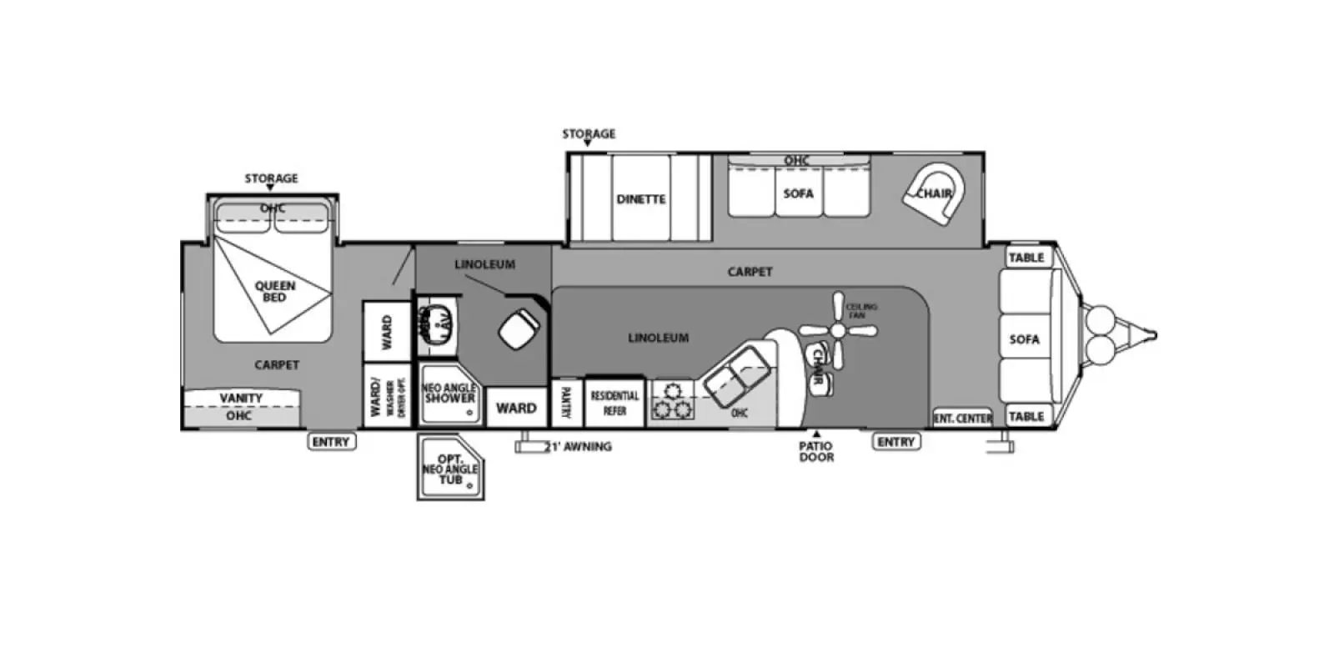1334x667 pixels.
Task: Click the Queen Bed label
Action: [x=274, y=291]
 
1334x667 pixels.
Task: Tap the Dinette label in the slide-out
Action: [x=640, y=199]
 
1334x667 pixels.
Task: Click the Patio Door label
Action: [x=816, y=451]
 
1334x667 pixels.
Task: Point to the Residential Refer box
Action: [x=614, y=403]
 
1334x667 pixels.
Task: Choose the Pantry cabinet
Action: [x=566, y=403]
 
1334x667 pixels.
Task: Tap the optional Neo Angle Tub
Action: [x=449, y=469]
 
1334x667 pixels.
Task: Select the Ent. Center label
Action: [x=962, y=418]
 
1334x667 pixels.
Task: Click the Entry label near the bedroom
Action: [x=331, y=442]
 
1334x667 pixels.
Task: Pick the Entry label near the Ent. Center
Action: [x=896, y=442]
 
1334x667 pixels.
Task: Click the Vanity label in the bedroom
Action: [x=241, y=399]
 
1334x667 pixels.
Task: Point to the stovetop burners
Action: [x=672, y=400]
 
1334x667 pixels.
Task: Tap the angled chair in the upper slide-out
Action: [x=934, y=194]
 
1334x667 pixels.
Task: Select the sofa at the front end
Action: [x=1025, y=339]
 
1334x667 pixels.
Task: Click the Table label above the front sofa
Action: [x=1026, y=258]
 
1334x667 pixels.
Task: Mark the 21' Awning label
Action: [x=579, y=447]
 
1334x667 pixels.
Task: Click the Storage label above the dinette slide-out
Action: [x=589, y=133]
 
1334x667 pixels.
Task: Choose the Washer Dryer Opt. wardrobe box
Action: [x=388, y=395]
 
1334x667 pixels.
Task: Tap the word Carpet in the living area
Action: [x=750, y=272]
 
